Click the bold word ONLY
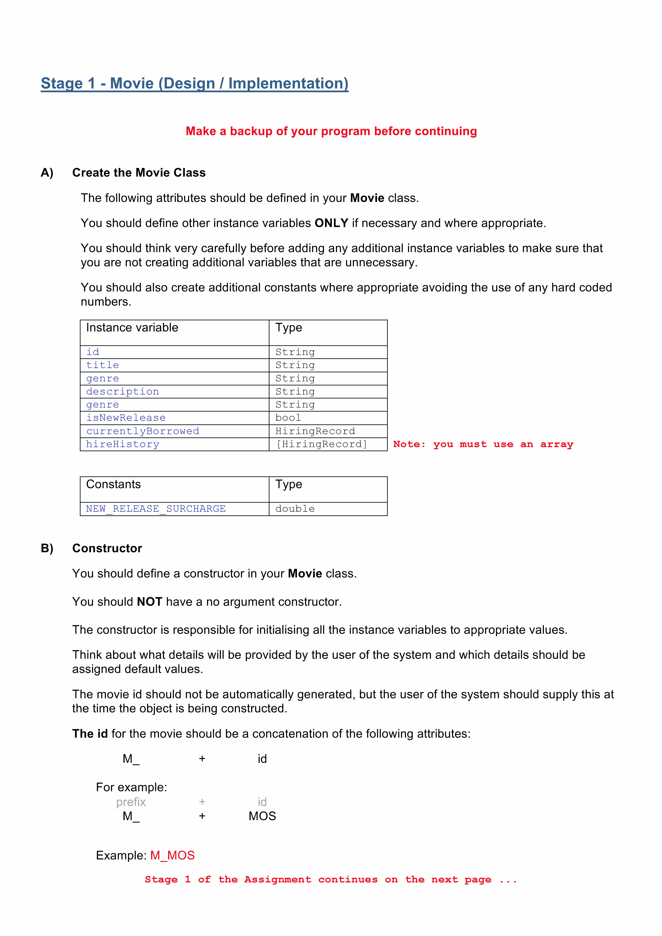331,223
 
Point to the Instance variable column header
132,328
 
